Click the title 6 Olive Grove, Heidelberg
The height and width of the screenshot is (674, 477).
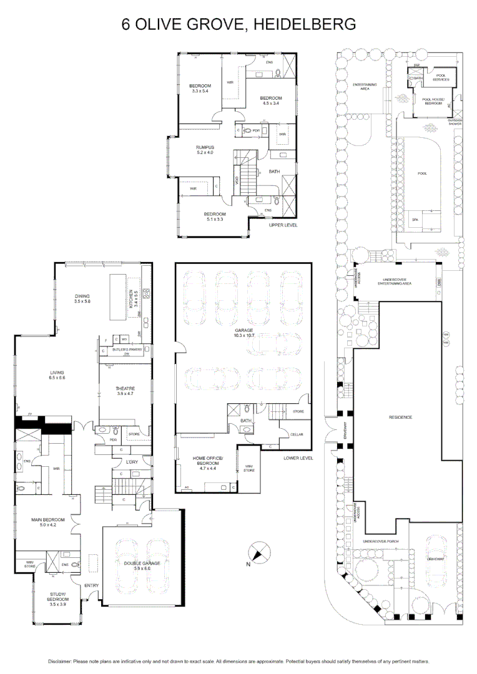coord(238,24)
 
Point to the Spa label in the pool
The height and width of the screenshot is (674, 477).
coord(415,220)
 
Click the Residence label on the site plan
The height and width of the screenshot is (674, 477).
coord(400,417)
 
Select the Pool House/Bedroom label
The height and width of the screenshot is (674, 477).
coord(432,101)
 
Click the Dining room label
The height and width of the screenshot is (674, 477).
coord(82,298)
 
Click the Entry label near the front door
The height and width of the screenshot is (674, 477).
coord(92,585)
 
